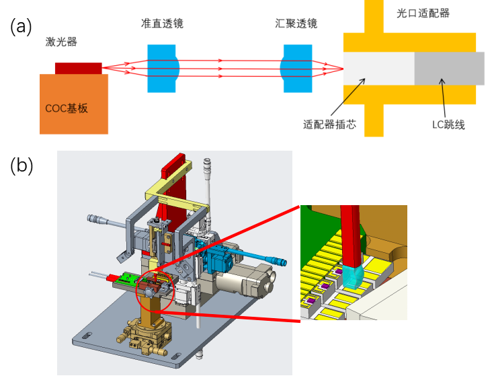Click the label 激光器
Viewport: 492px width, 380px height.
pos(61,42)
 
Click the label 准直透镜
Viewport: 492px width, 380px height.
pos(162,24)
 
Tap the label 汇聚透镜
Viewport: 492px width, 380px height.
pos(296,24)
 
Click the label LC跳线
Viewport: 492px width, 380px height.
pos(448,124)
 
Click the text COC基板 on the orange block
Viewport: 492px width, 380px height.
pos(67,108)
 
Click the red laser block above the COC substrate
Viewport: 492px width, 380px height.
pos(79,68)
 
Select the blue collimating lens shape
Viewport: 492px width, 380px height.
pos(162,69)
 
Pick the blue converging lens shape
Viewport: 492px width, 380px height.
pos(296,69)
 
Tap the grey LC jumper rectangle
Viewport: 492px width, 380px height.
pos(449,69)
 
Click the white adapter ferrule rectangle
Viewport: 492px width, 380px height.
pos(378,69)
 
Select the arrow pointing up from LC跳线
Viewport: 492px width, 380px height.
pos(444,98)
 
